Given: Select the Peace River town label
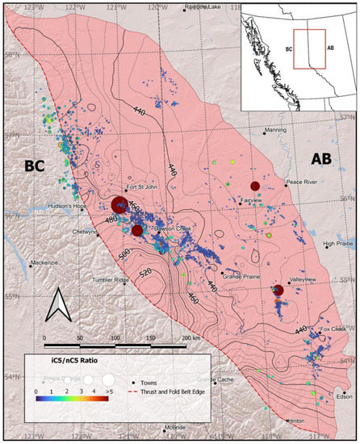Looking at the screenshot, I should coord(303,183).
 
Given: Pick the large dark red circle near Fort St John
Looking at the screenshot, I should coord(119,205).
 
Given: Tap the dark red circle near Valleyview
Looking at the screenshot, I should coord(278,290).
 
